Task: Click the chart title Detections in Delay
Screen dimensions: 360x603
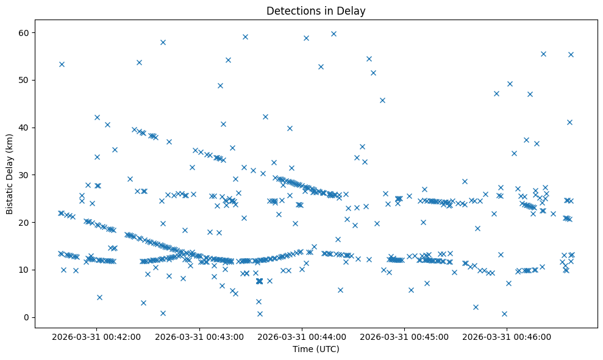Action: click(316, 11)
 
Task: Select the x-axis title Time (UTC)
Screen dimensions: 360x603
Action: click(316, 349)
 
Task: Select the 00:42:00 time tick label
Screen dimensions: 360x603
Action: click(96, 336)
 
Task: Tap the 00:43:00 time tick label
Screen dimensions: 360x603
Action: click(199, 336)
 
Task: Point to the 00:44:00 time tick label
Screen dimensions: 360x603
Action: click(301, 336)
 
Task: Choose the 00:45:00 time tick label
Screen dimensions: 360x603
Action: click(404, 336)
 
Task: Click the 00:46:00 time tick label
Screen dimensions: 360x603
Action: click(507, 336)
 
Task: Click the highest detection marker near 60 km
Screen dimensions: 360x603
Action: click(334, 34)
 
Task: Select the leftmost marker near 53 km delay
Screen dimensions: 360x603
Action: click(62, 64)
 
